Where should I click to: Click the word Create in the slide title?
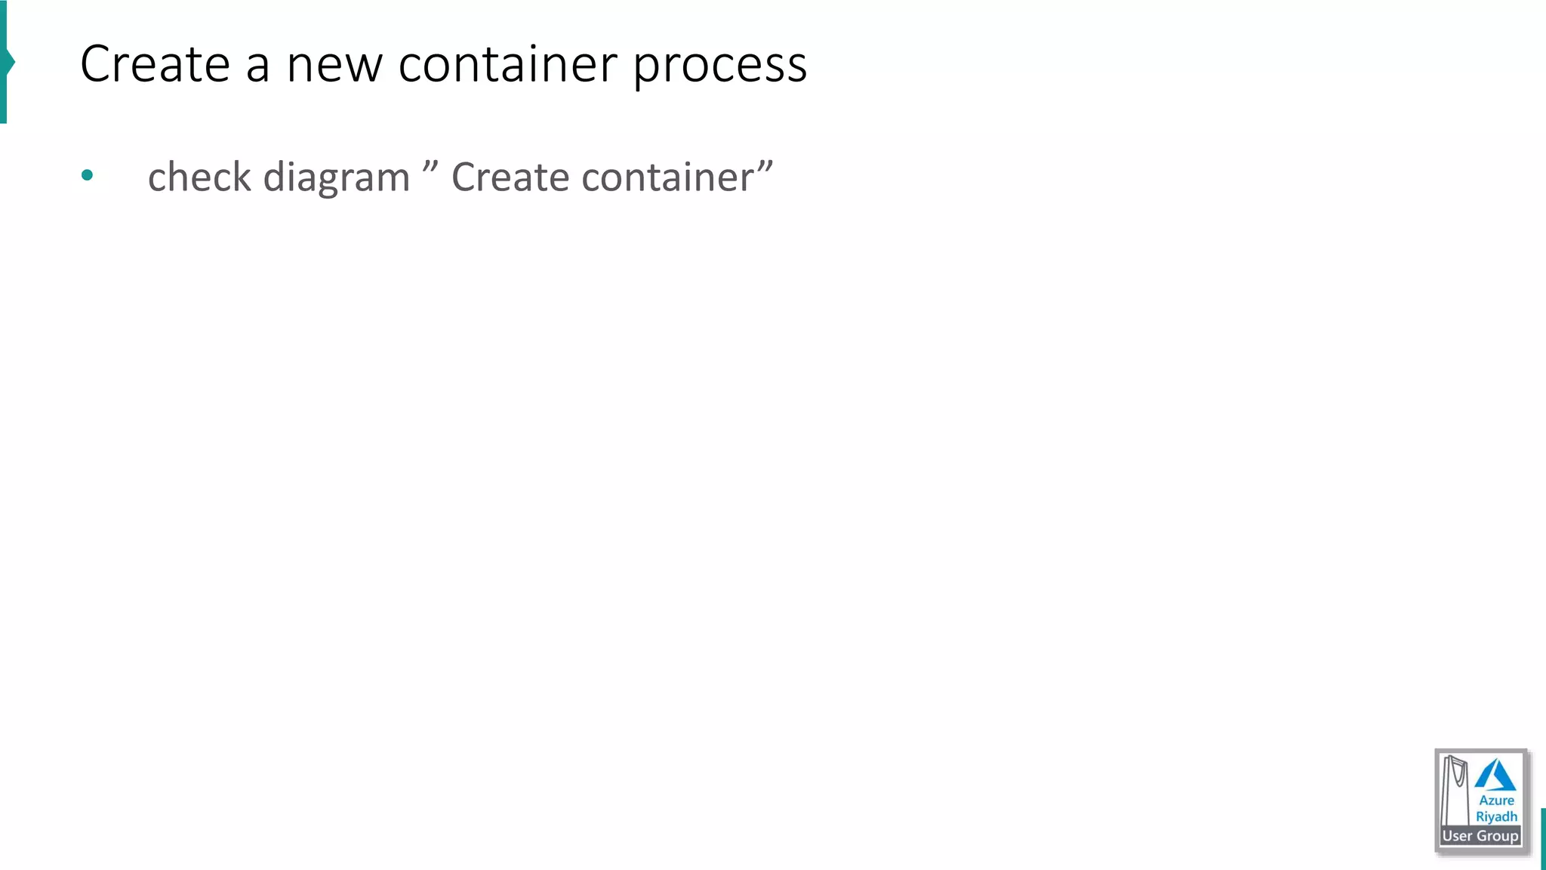155,64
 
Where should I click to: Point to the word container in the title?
507,64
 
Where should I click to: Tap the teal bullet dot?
88,175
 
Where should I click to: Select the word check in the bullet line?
199,177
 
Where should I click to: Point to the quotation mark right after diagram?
430,165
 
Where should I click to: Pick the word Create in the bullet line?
510,177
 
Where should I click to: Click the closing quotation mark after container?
765,165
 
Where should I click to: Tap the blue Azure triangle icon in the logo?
1495,776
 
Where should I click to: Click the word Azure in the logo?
1496,801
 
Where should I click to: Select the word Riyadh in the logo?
1496,817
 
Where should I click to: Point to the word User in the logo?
1457,836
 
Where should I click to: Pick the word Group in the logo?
1498,836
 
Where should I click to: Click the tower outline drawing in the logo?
1455,789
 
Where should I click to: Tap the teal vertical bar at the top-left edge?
4,60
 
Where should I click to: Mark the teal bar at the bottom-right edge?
1543,838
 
